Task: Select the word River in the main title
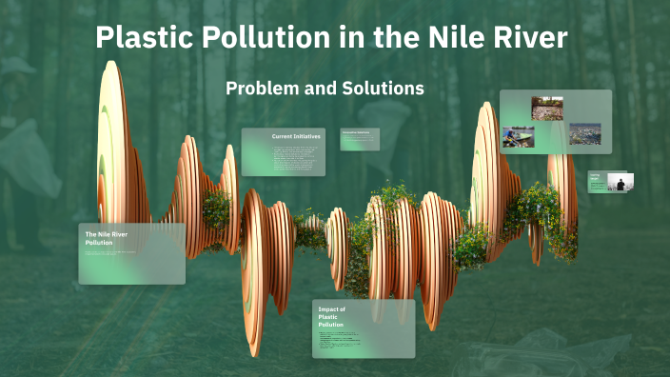[529, 39]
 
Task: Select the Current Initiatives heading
[296, 137]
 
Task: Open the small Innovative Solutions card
[361, 139]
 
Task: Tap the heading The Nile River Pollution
[107, 238]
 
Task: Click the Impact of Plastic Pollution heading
[331, 316]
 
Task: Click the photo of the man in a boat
[519, 137]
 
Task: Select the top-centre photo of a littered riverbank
[547, 108]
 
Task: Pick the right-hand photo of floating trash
[584, 134]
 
